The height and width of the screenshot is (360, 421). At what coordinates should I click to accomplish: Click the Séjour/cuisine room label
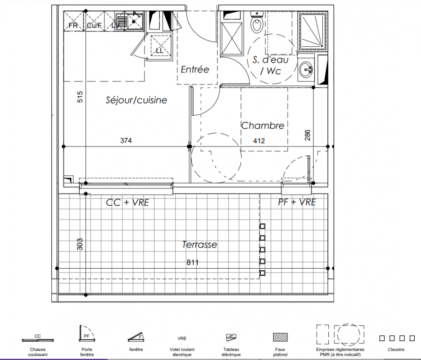(x=136, y=100)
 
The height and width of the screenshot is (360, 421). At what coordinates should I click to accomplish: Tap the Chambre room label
(x=263, y=125)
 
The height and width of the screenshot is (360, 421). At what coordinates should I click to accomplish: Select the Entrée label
(x=195, y=69)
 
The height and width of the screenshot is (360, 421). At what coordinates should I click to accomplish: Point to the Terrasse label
(x=199, y=244)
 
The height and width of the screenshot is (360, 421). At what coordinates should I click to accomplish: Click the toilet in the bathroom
(x=257, y=22)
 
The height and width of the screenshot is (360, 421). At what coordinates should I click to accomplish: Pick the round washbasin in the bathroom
(x=306, y=69)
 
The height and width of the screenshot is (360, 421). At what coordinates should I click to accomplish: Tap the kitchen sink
(x=129, y=21)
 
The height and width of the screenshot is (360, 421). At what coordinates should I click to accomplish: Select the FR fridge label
(x=73, y=25)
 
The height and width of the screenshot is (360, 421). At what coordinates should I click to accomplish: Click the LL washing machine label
(x=159, y=50)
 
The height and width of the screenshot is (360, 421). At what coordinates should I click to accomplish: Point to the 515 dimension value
(x=80, y=97)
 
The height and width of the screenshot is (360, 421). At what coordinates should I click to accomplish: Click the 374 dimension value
(x=126, y=140)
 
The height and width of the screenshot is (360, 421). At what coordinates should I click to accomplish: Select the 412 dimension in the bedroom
(x=259, y=140)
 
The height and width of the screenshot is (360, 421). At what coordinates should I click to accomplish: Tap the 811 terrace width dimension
(x=193, y=262)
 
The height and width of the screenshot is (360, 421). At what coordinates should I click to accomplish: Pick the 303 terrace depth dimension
(x=80, y=244)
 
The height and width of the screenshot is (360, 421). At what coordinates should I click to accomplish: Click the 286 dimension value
(x=308, y=135)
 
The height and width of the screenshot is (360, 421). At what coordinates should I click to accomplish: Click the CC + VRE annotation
(x=127, y=202)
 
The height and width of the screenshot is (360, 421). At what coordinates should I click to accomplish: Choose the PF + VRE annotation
(x=297, y=202)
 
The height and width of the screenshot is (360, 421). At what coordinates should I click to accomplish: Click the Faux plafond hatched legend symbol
(x=281, y=337)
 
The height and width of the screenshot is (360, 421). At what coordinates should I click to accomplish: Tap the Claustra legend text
(x=396, y=349)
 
